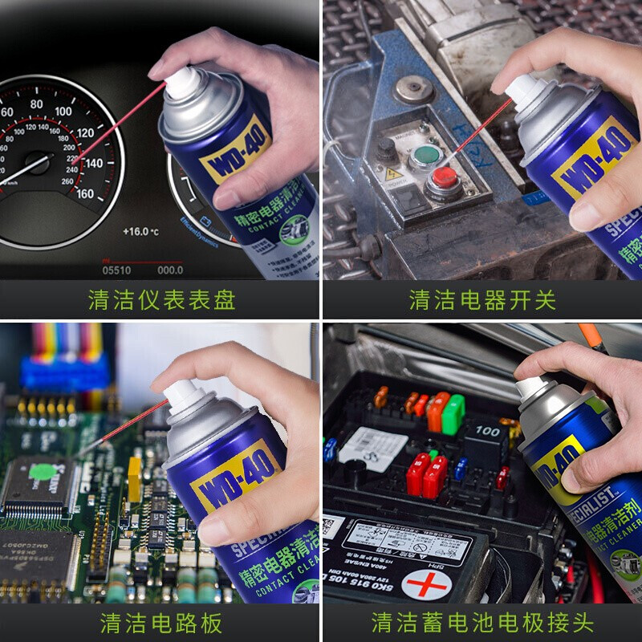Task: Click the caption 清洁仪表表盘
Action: tap(161, 300)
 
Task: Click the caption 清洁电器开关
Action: tap(482, 300)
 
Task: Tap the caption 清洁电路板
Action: tap(161, 623)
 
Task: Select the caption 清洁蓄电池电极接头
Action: tap(482, 623)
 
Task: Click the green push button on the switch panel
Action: tap(423, 154)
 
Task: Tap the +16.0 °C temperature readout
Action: tap(140, 231)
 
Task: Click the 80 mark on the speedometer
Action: tap(35, 104)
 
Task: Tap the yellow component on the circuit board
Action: tap(134, 480)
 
